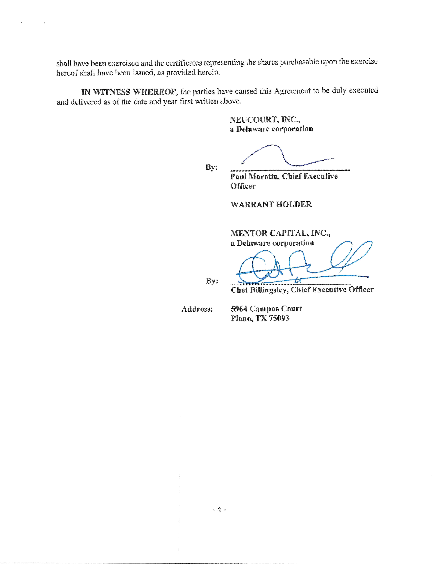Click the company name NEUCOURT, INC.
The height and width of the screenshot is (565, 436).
click(x=265, y=120)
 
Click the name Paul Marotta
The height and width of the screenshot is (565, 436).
click(x=255, y=176)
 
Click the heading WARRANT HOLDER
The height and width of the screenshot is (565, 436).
click(x=271, y=204)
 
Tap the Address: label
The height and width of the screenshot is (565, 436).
click(x=197, y=309)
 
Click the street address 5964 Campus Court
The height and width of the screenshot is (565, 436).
click(x=266, y=309)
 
